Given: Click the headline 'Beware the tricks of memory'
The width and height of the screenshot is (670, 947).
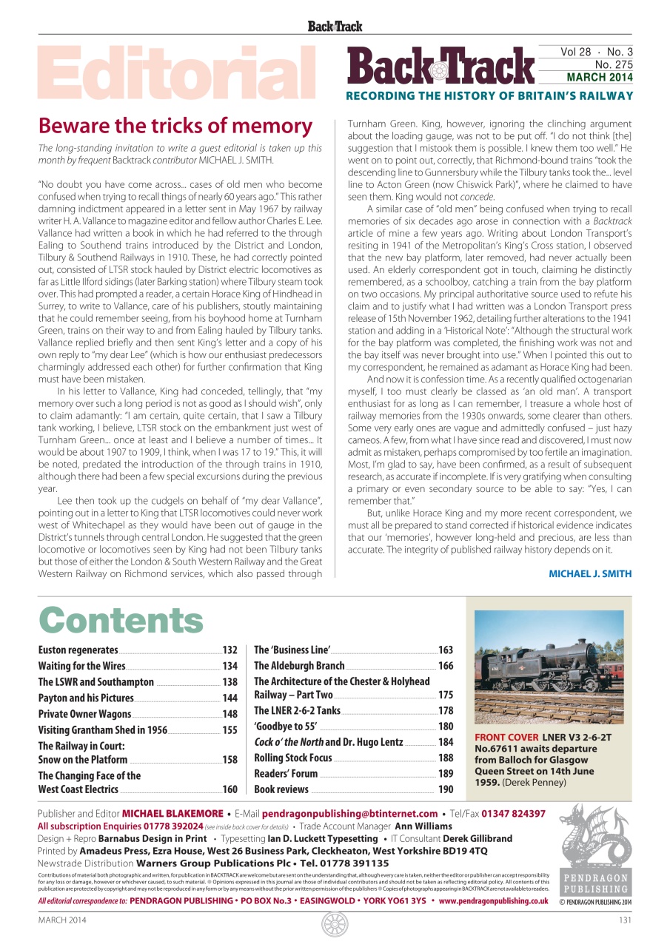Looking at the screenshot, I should [175, 126].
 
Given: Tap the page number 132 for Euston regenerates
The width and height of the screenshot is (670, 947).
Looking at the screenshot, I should [230, 650].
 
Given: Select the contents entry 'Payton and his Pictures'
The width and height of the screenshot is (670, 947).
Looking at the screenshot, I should [86, 698].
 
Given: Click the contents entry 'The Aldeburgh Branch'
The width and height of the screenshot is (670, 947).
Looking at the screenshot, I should [299, 666].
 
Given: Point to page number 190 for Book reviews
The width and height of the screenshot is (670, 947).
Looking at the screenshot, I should [446, 789].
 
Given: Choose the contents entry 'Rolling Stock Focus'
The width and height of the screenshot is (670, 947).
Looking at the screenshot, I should [292, 758].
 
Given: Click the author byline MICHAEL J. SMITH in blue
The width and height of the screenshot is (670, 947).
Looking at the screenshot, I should [590, 574].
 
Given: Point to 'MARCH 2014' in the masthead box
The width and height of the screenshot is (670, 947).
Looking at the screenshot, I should [600, 77].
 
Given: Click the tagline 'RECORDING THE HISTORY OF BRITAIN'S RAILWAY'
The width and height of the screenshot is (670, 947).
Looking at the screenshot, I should [489, 95].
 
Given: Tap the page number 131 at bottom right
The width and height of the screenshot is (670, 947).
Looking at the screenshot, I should [624, 920].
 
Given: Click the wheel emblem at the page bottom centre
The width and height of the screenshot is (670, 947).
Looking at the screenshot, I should [335, 924].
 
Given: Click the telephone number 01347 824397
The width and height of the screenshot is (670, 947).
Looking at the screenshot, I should [513, 814].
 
